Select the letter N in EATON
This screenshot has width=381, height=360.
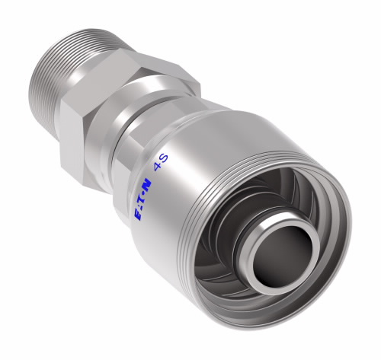(x=147, y=183)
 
